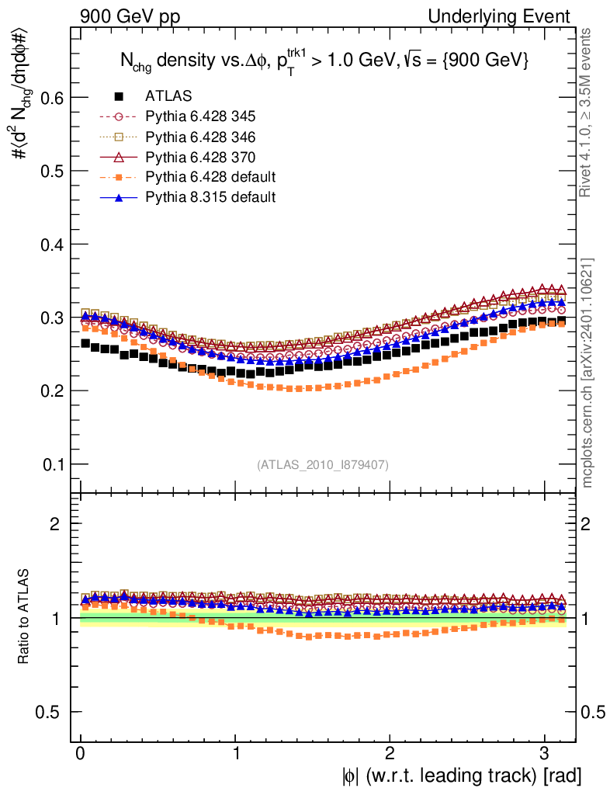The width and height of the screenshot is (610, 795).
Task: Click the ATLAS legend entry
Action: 167,97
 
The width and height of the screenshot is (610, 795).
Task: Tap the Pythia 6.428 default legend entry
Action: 210,178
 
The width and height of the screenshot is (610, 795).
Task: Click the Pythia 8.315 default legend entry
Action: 210,198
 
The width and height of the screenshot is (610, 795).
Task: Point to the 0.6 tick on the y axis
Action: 49,98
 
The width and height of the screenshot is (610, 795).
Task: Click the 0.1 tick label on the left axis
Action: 49,464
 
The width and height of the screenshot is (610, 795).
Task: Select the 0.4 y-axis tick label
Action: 49,245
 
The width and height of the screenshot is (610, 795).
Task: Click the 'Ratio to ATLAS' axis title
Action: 24,616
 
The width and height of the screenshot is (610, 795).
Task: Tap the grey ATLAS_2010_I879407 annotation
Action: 323,465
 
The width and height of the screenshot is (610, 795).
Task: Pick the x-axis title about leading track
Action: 459,775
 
